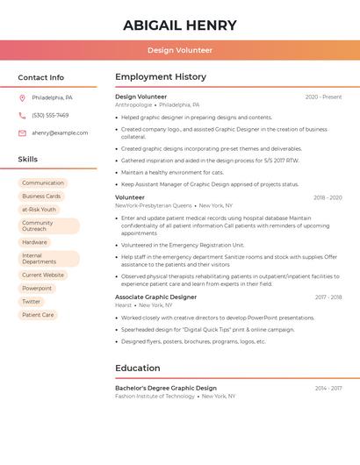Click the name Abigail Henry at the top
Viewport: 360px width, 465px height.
180,25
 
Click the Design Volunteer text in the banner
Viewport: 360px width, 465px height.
180,50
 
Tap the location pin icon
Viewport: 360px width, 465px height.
22,97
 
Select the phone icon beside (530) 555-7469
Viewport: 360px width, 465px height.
22,115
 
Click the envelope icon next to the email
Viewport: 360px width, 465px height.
22,132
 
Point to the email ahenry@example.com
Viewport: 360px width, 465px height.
60,132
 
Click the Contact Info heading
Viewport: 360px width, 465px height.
41,77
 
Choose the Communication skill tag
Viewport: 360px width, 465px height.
43,182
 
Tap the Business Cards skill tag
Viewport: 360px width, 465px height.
41,196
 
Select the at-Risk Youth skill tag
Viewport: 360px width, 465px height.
39,209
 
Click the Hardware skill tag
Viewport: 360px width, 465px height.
35,242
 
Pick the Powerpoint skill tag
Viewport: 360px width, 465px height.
37,288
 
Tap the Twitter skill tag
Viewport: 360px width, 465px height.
32,301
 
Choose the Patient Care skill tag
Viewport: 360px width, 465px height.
38,314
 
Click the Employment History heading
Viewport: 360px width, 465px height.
161,77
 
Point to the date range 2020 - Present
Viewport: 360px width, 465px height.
323,97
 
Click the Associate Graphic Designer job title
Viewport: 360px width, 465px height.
155,297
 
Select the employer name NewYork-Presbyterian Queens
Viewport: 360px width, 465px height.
153,205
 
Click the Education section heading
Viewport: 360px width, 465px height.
138,368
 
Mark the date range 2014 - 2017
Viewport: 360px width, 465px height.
328,388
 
